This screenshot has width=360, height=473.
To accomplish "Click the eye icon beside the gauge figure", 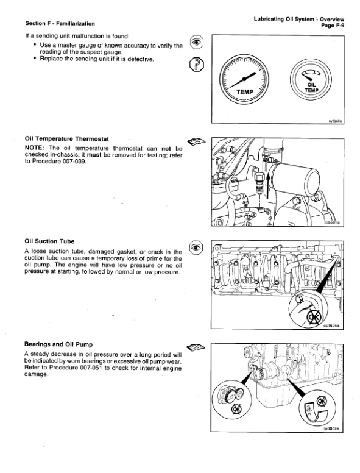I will click(195, 42).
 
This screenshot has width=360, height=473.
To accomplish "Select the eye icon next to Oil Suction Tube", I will click(195, 247).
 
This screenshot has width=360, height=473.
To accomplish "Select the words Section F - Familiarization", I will click(60, 23).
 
